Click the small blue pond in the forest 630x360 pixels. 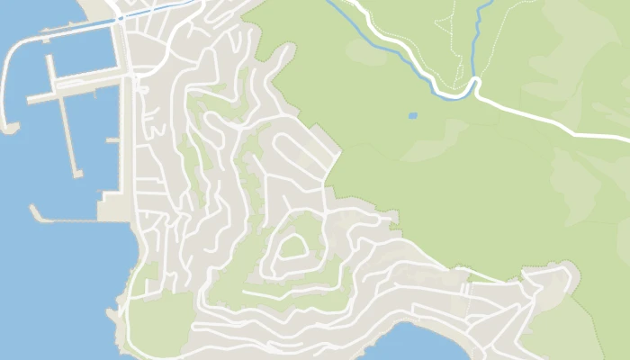tap(412, 116)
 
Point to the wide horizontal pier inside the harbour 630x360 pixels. tap(76, 87)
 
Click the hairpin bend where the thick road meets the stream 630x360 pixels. tap(475, 86)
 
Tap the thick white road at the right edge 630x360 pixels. tap(603, 134)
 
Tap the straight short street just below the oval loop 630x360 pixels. tap(279, 292)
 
